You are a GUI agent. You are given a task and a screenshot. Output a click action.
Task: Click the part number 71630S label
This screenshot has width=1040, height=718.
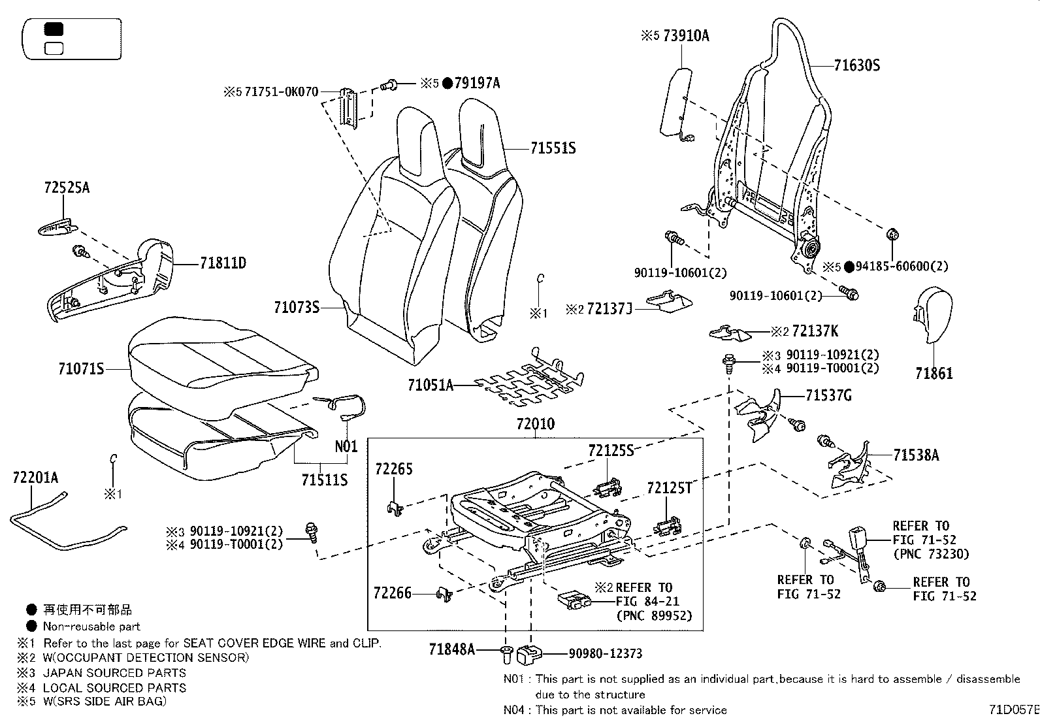click(x=857, y=65)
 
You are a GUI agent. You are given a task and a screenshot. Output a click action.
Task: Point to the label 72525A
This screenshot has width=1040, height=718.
click(x=67, y=188)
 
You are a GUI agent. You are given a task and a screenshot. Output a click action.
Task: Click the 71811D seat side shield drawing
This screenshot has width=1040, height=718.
click(x=111, y=281)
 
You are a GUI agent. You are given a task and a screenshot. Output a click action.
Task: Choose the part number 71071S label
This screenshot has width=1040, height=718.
click(x=81, y=369)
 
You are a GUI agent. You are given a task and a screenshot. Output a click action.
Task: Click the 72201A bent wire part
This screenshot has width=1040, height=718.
click(x=59, y=523)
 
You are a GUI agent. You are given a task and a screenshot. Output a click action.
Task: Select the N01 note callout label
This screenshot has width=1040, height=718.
click(x=346, y=447)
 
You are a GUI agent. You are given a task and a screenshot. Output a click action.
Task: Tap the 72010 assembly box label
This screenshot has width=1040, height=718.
click(x=535, y=424)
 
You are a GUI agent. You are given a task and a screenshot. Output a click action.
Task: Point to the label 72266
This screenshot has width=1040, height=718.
click(x=393, y=593)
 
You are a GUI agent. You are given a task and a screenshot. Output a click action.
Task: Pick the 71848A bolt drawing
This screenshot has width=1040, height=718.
click(x=506, y=651)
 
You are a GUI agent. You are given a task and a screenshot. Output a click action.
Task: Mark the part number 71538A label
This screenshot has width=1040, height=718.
click(x=916, y=455)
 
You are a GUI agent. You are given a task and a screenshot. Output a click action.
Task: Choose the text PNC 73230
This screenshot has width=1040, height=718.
click(x=931, y=554)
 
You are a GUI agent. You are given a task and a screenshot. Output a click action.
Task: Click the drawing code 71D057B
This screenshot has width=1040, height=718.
click(x=1013, y=709)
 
